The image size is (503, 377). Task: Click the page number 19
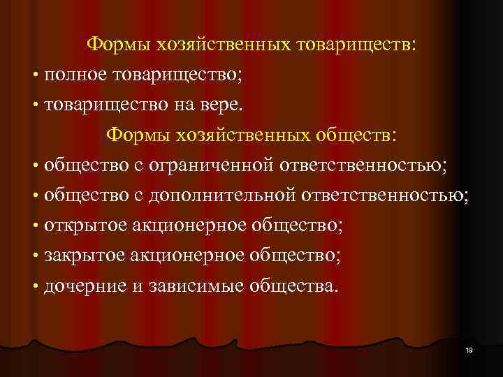tap(469, 350)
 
